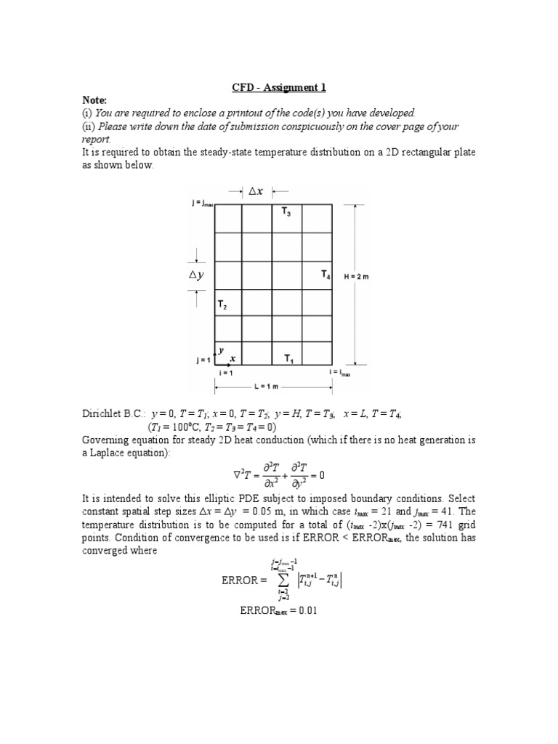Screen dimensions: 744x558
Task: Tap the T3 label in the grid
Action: pyautogui.click(x=286, y=212)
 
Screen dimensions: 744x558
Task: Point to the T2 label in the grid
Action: pyautogui.click(x=222, y=306)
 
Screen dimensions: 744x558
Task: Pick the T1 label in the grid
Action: pyautogui.click(x=288, y=358)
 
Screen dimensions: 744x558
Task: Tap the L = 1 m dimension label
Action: pyautogui.click(x=274, y=384)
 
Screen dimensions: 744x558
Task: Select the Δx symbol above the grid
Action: pyautogui.click(x=256, y=191)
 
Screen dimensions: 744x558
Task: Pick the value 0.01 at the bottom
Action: pyautogui.click(x=304, y=611)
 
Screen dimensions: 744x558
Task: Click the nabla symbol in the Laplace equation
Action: pyautogui.click(x=237, y=476)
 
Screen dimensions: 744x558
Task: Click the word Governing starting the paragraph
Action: pyautogui.click(x=106, y=440)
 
